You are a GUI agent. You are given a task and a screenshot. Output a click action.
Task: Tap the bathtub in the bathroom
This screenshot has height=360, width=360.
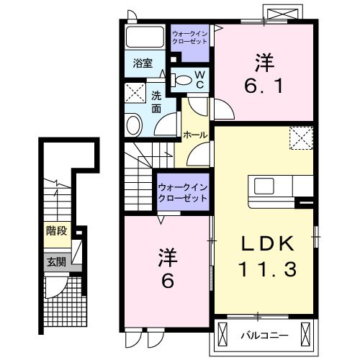(x=146, y=38)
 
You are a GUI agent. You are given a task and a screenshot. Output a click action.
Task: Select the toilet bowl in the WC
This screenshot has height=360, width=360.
(x=184, y=81)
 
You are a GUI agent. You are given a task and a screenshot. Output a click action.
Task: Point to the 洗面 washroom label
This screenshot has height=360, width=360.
(x=156, y=102)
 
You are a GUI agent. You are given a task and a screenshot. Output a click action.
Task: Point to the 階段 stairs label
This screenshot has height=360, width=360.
(x=55, y=231)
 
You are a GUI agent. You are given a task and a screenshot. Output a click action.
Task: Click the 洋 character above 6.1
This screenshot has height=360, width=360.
(x=264, y=60)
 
